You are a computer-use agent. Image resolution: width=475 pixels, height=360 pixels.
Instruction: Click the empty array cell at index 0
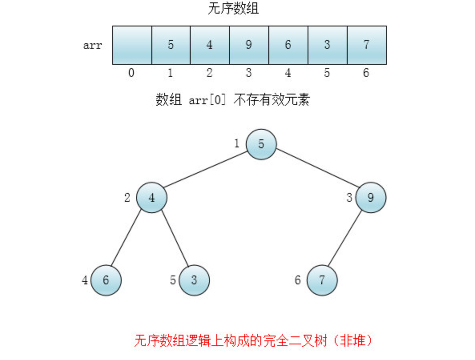[x=132, y=45]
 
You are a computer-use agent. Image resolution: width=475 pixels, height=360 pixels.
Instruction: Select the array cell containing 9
[x=249, y=45]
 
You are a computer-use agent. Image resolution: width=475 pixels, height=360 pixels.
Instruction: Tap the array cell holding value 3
[x=327, y=45]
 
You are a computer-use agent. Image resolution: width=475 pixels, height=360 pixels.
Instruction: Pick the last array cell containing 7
[x=366, y=45]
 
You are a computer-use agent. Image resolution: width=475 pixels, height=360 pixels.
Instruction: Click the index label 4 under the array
[x=288, y=73]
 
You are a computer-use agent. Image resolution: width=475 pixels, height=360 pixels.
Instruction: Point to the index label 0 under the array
[x=131, y=73]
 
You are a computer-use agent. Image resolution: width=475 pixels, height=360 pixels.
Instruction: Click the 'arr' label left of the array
[x=93, y=45]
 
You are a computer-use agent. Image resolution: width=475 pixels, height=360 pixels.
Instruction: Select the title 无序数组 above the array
[x=233, y=8]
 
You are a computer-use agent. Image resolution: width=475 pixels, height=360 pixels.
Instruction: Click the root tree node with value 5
[x=261, y=144]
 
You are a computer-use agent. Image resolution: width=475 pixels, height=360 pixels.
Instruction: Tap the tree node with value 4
[x=151, y=198]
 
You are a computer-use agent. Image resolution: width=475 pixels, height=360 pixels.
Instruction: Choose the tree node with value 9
[x=371, y=198]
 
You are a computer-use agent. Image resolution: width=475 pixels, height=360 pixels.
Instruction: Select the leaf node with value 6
[x=106, y=280]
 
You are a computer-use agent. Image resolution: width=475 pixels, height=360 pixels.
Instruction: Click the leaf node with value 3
[x=194, y=280]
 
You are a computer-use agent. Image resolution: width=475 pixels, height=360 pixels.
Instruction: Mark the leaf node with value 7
[x=322, y=280]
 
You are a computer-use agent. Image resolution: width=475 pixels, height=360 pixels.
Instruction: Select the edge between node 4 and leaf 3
[x=173, y=239]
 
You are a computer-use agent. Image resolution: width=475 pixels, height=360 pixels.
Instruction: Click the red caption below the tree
[x=253, y=341]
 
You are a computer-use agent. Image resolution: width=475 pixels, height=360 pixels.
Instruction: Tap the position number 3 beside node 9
[x=349, y=198]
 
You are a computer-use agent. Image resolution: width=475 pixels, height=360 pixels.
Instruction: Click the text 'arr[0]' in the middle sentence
[x=207, y=100]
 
